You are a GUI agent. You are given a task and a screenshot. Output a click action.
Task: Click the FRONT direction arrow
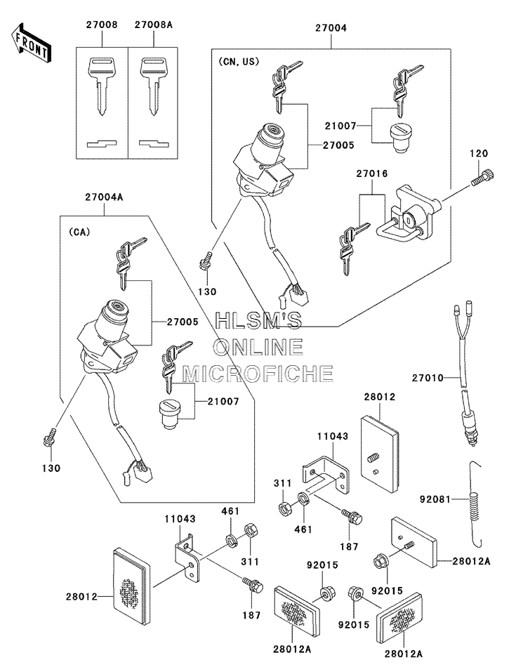pos(29,41)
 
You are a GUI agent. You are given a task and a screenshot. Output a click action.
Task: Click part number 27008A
pos(154,25)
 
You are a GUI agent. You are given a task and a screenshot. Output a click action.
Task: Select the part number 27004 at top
pos(331,28)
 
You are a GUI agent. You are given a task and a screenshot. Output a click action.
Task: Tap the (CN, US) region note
pos(239,62)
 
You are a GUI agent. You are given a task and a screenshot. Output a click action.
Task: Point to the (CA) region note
pos(79,232)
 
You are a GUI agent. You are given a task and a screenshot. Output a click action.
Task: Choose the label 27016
pos(371,173)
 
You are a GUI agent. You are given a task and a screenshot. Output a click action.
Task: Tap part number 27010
pos(428,378)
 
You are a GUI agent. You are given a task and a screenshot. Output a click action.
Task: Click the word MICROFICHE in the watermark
pos(258,374)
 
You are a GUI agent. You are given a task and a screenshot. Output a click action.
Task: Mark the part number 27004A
pos(104,197)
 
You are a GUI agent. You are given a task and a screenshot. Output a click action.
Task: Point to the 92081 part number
pos(435,499)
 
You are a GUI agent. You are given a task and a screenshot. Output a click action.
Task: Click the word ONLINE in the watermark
pos(258,347)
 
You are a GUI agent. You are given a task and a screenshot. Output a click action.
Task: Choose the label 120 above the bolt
pos(479,153)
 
